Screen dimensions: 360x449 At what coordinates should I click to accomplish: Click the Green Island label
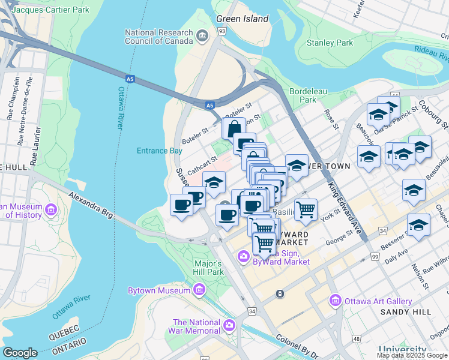[242, 19]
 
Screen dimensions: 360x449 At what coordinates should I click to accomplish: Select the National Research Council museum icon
[202, 37]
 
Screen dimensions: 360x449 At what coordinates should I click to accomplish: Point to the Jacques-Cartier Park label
[50, 10]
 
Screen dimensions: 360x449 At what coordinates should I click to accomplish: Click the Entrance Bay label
[159, 151]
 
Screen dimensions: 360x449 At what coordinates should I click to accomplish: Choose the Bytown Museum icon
[199, 291]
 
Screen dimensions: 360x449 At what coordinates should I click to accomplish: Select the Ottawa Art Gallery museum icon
[335, 301]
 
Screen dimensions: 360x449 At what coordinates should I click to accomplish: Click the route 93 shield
[222, 31]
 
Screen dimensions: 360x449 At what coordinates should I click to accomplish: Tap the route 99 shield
[375, 257]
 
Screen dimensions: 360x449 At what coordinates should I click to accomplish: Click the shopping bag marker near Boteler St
[233, 128]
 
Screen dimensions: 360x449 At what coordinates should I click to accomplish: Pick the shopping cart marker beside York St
[306, 209]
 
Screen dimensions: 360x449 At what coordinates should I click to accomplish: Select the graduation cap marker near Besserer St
[418, 225]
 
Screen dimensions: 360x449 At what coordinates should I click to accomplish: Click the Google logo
[20, 353]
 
